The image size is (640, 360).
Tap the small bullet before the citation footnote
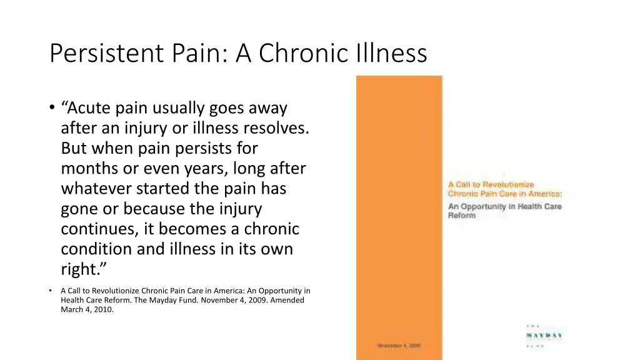[50, 291]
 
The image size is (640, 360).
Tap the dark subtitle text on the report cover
[504, 211]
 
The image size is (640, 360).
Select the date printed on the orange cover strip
[399, 346]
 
